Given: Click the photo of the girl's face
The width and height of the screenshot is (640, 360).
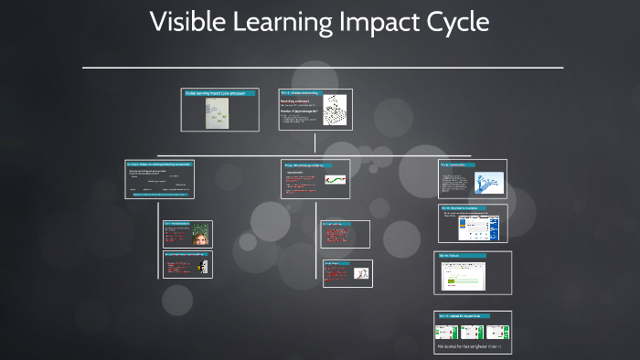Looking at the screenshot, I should (199, 235).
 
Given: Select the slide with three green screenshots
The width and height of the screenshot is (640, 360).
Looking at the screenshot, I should (473, 333).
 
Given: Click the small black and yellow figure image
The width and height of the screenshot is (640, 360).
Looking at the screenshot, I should (201, 266).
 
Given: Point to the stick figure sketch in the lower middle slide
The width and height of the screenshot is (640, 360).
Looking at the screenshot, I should (361, 273).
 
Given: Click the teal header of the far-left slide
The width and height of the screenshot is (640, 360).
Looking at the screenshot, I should (159, 164).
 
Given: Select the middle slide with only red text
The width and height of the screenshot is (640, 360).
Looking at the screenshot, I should (345, 234).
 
